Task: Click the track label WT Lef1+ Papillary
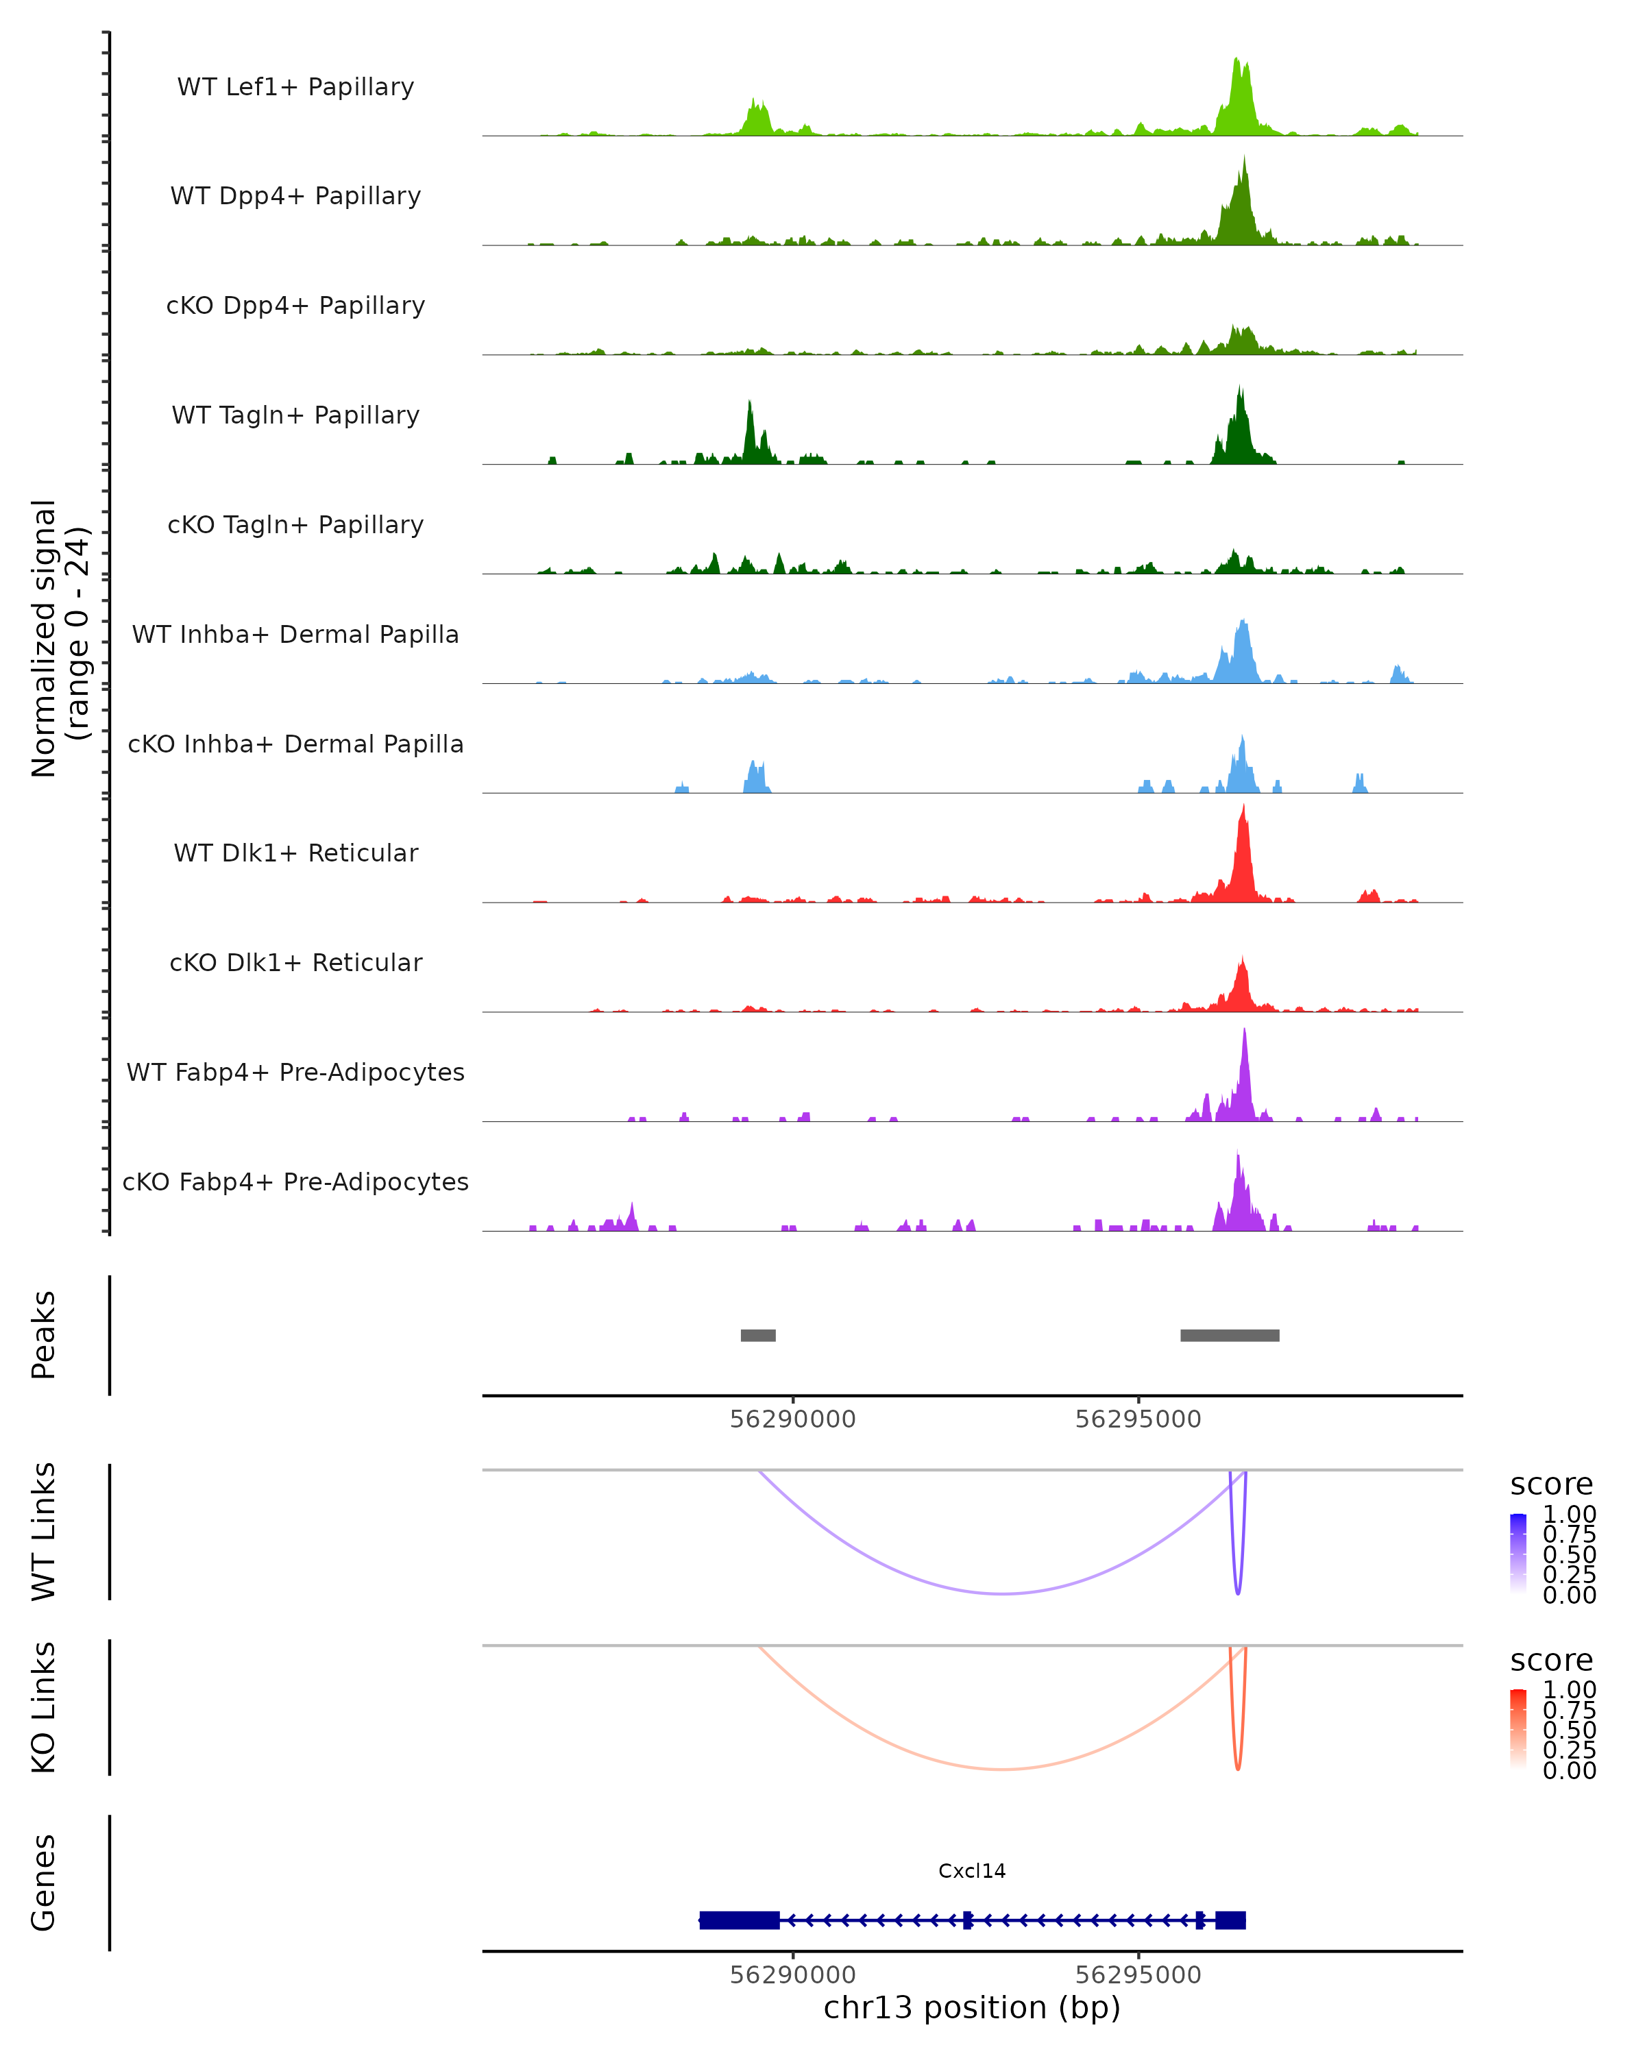click(x=295, y=87)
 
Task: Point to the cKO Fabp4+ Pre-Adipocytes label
click(x=295, y=1182)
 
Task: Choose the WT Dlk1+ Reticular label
click(x=295, y=853)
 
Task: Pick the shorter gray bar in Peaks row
click(x=758, y=1335)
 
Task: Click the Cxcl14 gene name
click(x=972, y=1871)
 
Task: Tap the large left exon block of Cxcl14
click(x=739, y=1920)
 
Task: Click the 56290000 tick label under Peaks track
click(x=792, y=1419)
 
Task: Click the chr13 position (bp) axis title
click(x=972, y=2007)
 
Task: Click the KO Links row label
click(x=44, y=1707)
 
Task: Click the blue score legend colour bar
click(x=1518, y=1552)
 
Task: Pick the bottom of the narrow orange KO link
click(x=1238, y=1768)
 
